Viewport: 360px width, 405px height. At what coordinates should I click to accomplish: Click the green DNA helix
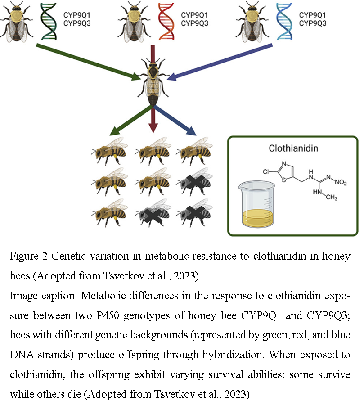point(49,22)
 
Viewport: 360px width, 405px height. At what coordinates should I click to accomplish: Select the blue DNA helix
point(284,22)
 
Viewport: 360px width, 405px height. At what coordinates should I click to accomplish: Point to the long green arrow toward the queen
point(85,62)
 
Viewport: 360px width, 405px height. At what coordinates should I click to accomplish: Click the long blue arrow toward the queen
point(220,62)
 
